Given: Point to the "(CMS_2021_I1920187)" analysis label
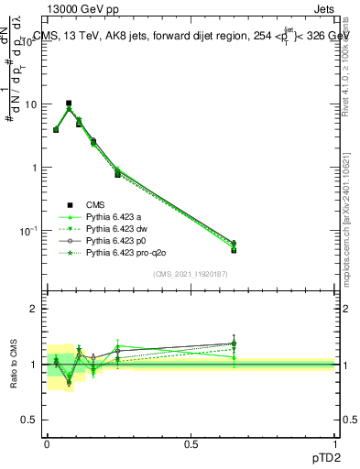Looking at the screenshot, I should coord(191,274).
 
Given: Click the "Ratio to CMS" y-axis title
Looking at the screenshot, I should coord(16,365).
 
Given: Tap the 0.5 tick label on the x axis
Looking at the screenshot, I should coord(191,443).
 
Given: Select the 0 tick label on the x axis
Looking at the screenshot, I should coord(47,443).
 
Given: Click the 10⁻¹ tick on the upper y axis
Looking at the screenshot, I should coord(30,230).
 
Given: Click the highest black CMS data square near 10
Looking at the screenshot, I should coord(69,104).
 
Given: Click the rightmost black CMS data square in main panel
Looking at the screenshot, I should coord(234,249).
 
